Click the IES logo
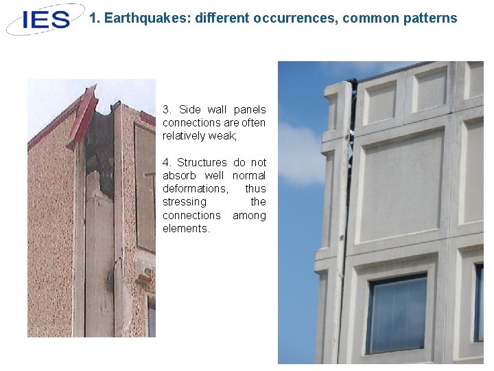45,19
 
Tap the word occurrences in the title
294,19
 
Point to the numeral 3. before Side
167,110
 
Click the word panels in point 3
249,110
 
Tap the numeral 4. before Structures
167,163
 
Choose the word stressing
184,202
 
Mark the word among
249,216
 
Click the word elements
186,229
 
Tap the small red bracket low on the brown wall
144,278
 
